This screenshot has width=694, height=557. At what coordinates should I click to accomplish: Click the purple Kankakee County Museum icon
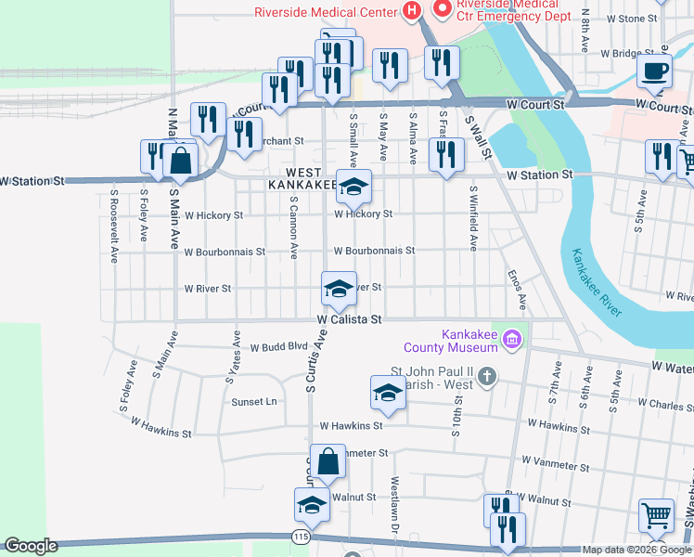[x=509, y=342]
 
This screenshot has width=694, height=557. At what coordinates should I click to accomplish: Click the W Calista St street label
[x=350, y=318]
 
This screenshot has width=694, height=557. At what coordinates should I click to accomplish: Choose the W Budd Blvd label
[x=277, y=345]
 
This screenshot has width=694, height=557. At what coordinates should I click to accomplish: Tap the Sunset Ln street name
[x=254, y=402]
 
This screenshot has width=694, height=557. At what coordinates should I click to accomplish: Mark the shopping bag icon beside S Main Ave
[x=180, y=162]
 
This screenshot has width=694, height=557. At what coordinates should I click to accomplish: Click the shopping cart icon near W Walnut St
[x=657, y=514]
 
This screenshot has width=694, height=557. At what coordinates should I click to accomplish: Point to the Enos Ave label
[x=517, y=290]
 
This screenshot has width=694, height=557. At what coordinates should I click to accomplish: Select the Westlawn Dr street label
[x=394, y=500]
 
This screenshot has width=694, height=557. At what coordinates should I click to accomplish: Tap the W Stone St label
[x=630, y=19]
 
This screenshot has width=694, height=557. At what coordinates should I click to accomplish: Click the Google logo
[x=31, y=546]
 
